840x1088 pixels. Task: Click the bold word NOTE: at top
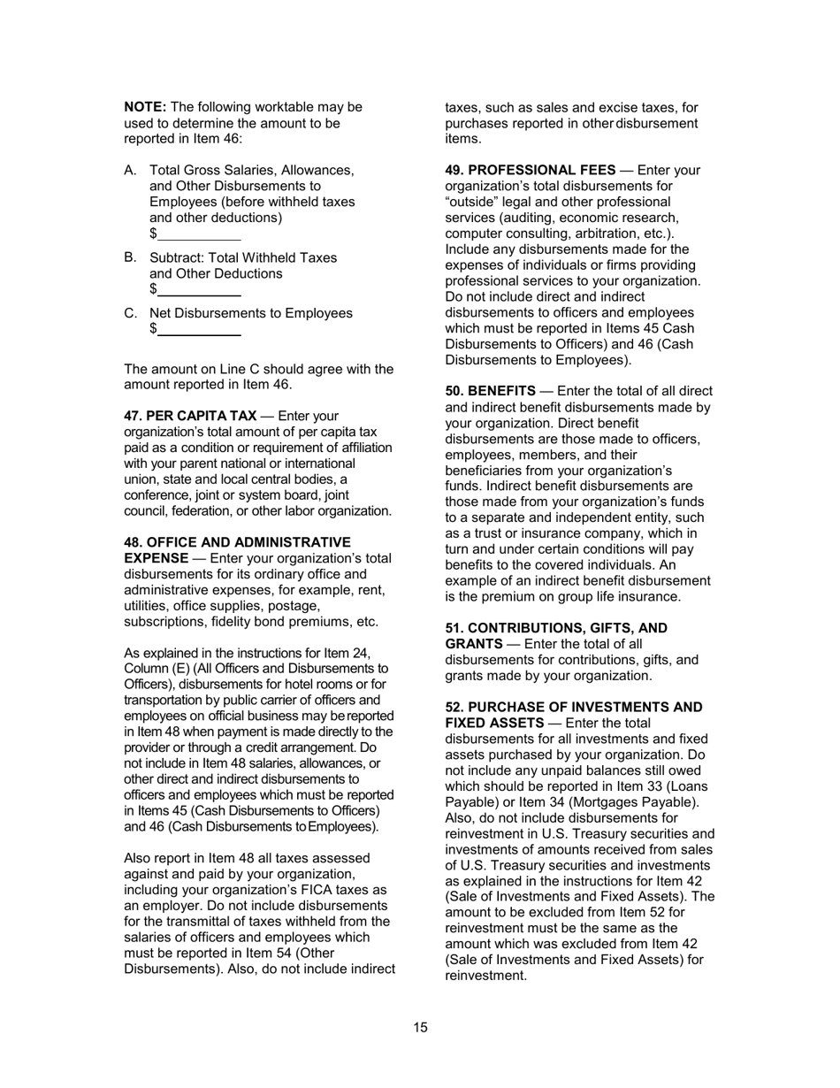click(x=145, y=107)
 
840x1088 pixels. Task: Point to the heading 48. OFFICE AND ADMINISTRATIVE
click(x=237, y=542)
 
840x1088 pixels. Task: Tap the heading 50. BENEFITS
click(x=490, y=391)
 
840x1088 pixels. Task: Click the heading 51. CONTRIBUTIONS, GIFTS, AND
click(x=555, y=628)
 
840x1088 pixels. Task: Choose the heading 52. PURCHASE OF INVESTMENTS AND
click(x=573, y=708)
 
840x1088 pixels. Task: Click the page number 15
click(x=420, y=1028)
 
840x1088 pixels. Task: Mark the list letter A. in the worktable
click(x=131, y=170)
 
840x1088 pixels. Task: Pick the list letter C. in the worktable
click(x=131, y=313)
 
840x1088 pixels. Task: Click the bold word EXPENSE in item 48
click(x=156, y=558)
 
